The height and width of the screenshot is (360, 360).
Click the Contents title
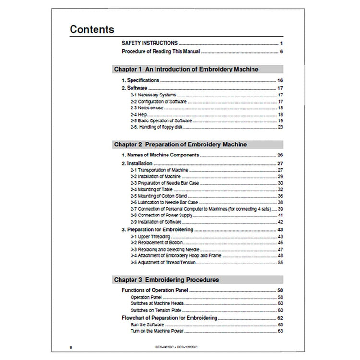[92, 29]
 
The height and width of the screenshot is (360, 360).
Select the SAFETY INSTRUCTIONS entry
[149, 43]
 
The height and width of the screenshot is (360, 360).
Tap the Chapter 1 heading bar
[186, 69]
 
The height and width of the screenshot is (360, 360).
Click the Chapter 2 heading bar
[180, 144]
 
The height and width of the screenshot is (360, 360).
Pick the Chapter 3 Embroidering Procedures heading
[166, 279]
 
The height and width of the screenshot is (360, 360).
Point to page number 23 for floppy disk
[280, 127]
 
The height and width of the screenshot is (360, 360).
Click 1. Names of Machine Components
[160, 155]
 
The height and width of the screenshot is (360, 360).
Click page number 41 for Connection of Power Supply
[280, 216]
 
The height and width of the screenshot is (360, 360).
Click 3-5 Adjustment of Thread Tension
[162, 263]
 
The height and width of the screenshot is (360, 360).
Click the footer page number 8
[71, 346]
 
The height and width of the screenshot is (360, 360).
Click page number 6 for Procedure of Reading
[281, 51]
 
